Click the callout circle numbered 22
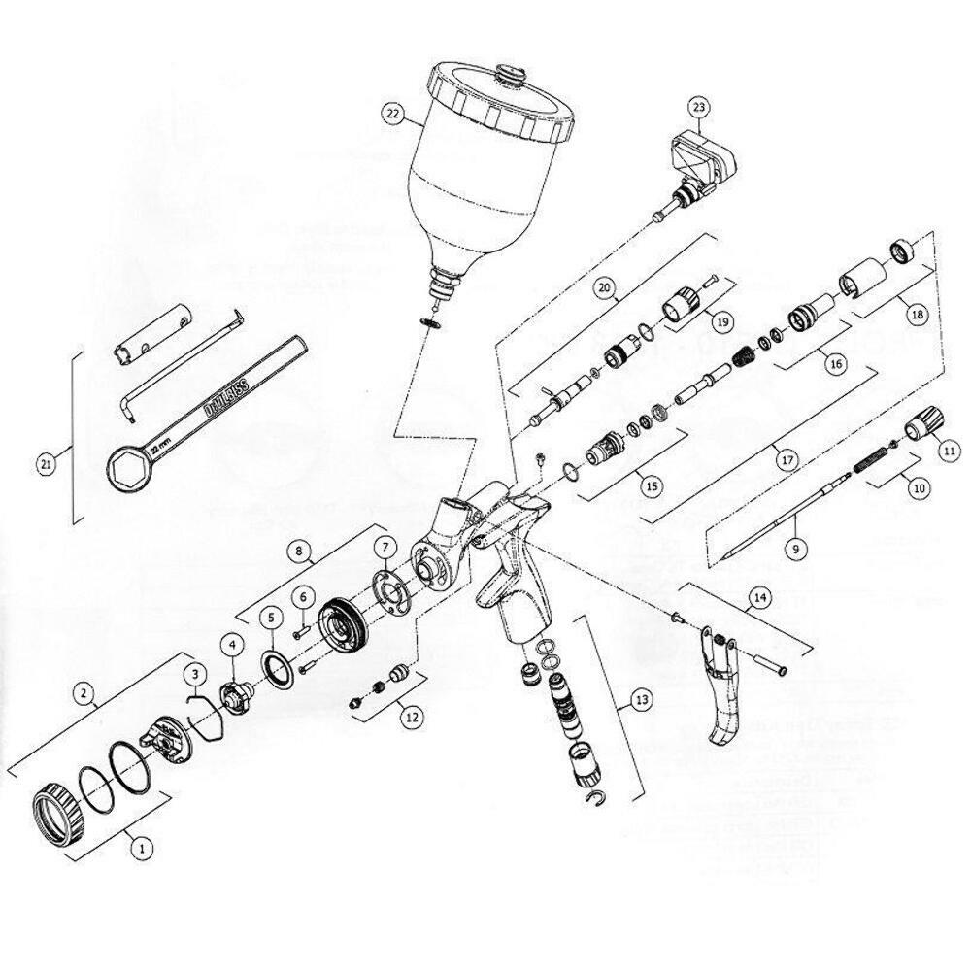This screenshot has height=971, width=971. coord(392,114)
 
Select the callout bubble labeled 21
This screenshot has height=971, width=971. coord(46,465)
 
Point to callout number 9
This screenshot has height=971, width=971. coord(794,549)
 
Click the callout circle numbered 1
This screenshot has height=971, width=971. coord(142,847)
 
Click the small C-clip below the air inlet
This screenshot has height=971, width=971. coord(600,799)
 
